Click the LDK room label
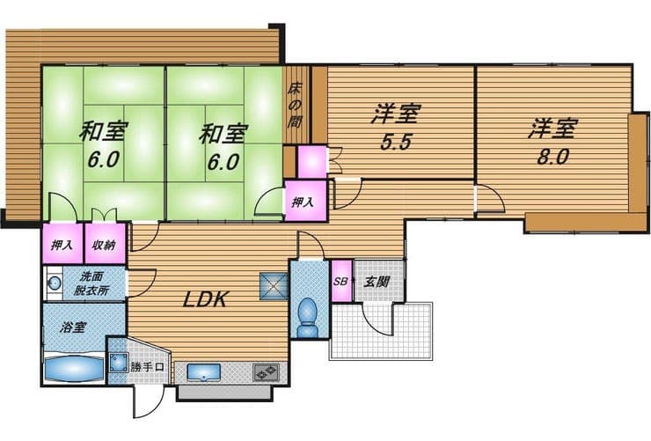click(206, 299)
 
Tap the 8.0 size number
click(552, 157)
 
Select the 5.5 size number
click(396, 142)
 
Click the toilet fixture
click(308, 317)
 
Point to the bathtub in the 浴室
click(73, 368)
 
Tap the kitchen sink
click(203, 371)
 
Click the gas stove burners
click(267, 372)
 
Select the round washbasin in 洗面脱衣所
click(55, 283)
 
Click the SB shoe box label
click(340, 281)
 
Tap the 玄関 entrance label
click(377, 282)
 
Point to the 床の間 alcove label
click(295, 105)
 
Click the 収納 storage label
click(104, 245)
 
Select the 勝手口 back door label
click(148, 367)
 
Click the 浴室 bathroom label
click(73, 327)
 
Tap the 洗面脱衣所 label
click(91, 283)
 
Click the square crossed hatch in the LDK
click(274, 286)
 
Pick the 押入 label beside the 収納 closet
click(62, 245)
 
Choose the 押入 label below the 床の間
click(303, 202)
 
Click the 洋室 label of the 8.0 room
click(552, 129)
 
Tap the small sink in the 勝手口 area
click(119, 363)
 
